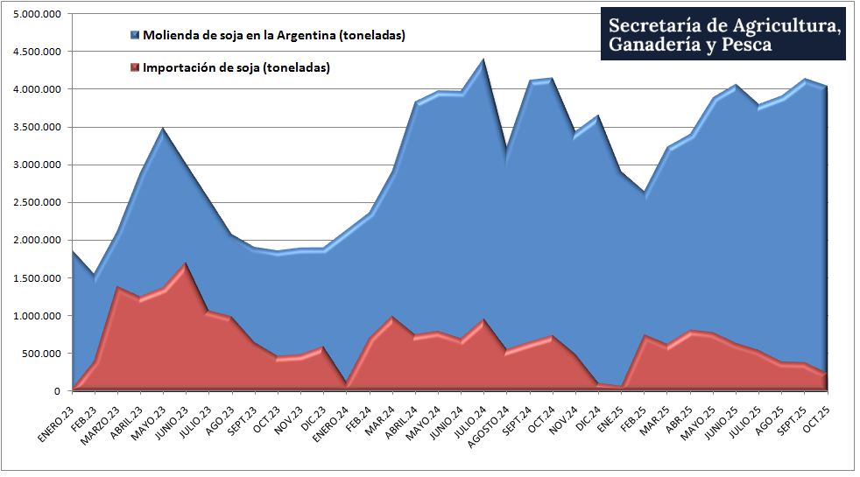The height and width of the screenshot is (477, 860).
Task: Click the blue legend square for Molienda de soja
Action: [x=134, y=36]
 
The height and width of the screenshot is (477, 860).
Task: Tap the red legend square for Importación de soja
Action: [x=134, y=67]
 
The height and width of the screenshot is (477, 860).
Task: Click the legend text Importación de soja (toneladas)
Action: [x=236, y=67]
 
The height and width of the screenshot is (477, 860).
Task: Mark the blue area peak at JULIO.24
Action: [x=483, y=60]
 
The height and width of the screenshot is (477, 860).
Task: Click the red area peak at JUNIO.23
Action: [x=185, y=263]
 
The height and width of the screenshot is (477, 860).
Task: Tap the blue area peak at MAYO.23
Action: [x=162, y=130]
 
